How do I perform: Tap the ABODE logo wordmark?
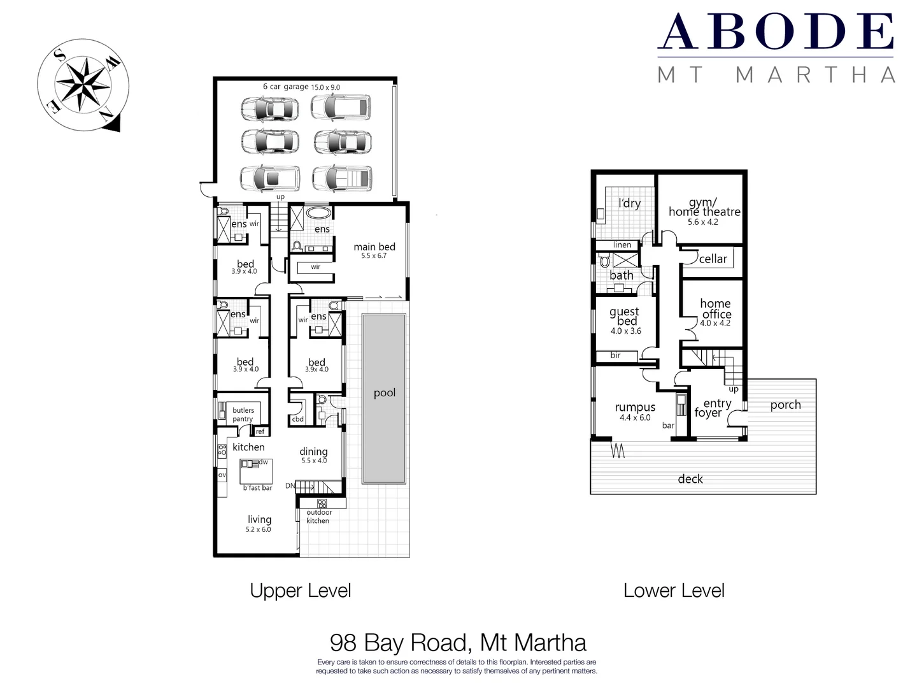coord(775,32)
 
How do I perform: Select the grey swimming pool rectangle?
coord(384,398)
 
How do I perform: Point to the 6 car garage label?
coord(285,87)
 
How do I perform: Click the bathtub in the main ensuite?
coord(318,213)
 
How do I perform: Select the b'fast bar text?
coord(257,488)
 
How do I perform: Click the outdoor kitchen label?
coord(318,517)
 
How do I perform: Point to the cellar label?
coord(713,259)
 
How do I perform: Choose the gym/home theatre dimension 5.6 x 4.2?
coord(702,222)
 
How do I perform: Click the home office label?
coord(715,309)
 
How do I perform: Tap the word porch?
coord(785,405)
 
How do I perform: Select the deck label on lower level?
coord(690,479)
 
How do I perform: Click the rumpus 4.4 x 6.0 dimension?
coord(635,418)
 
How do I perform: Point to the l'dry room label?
coord(629,203)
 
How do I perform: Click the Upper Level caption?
coord(300,591)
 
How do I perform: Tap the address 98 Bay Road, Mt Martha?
coord(458,642)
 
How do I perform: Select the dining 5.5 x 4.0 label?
coord(313,455)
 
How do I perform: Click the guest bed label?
coord(625,317)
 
